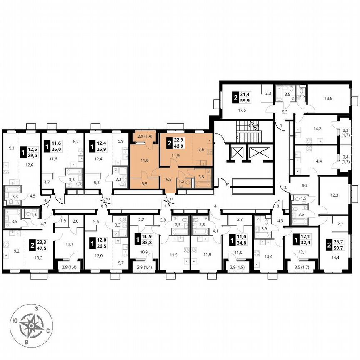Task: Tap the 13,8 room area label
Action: [328, 98]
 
